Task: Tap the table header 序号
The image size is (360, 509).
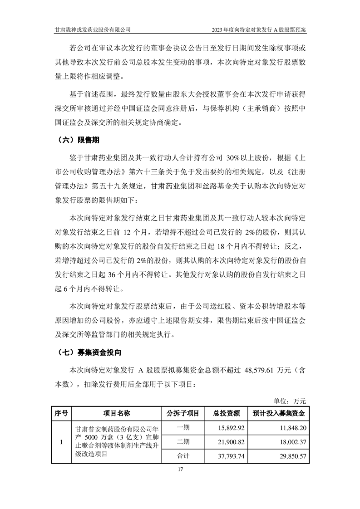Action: click(61, 413)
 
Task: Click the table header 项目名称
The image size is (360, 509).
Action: click(117, 413)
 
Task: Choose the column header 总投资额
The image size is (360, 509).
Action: click(226, 413)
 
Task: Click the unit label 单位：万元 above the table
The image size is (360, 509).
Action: click(290, 401)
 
